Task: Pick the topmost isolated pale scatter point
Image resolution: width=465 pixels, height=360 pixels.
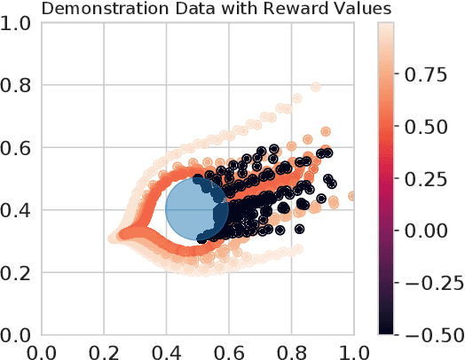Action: point(316,87)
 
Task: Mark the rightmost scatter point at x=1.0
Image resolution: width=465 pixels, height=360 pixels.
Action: point(352,196)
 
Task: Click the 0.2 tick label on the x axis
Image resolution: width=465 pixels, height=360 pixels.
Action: point(106,350)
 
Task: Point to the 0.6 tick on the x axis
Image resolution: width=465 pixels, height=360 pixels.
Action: point(230,350)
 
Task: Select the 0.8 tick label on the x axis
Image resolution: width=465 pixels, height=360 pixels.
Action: point(292,350)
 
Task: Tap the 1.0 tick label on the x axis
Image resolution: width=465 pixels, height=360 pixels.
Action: point(353,350)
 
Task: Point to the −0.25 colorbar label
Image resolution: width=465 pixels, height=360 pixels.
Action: point(428,282)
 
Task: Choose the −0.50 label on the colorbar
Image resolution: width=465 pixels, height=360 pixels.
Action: point(428,333)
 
